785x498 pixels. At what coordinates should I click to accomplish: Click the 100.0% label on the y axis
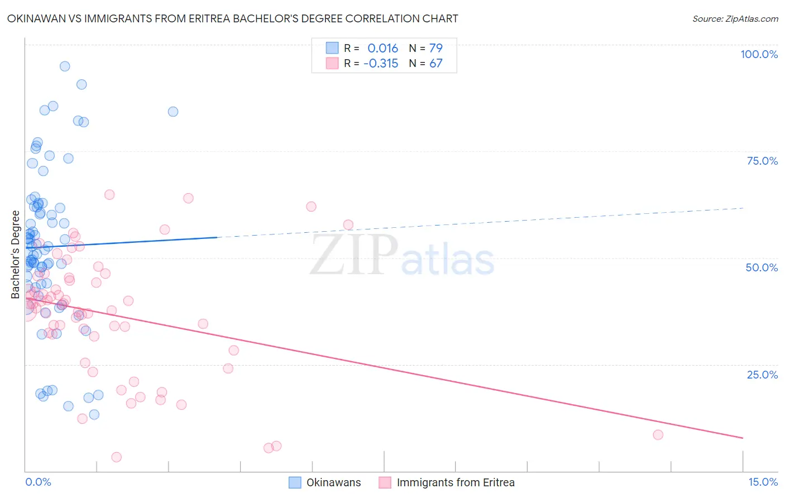coord(759,54)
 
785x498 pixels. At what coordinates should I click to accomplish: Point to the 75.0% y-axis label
coord(762,161)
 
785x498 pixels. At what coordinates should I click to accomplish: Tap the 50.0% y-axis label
coord(762,267)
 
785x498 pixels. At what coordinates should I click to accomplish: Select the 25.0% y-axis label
coord(762,374)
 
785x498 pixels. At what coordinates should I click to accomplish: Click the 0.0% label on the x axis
coord(38,482)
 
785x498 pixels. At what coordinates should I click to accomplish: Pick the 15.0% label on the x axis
coord(763,482)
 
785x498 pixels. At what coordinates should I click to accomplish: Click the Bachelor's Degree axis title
coord(16,255)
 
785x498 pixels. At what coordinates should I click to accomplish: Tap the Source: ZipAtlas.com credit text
coord(735,19)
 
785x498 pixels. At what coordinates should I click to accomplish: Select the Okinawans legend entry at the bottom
coord(333,482)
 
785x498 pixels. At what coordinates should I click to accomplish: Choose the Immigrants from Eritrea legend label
coord(455,482)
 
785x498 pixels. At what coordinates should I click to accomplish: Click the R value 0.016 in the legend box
coord(382,48)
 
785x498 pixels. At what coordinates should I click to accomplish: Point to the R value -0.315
coord(381,63)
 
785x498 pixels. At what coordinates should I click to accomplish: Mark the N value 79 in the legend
coord(435,48)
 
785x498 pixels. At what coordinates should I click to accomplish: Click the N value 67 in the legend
coord(435,63)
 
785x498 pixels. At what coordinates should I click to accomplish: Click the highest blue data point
coord(65,66)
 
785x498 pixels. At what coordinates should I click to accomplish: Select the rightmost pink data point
coord(658,435)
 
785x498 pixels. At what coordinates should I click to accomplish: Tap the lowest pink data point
coord(117,457)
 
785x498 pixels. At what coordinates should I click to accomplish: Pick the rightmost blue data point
coord(173,112)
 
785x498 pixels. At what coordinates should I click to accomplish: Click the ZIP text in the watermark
coord(354,255)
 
